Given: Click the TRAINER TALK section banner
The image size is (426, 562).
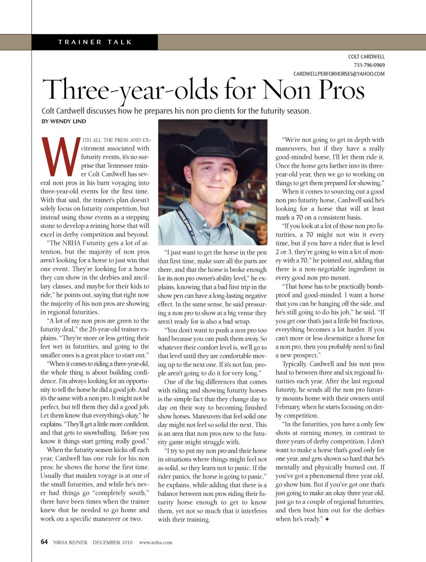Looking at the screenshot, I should point(95,42).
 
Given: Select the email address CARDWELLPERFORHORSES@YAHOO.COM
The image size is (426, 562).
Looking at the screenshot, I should point(339,74).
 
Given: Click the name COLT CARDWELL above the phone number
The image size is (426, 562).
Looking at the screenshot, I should point(366,57).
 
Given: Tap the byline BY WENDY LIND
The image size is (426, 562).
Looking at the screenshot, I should point(64,121).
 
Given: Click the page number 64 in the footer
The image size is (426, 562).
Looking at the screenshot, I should point(44,542).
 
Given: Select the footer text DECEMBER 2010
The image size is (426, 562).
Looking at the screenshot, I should point(113,542).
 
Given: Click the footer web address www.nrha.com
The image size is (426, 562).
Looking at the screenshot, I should point(155,542).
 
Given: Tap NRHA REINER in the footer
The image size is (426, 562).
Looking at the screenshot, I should point(70,542).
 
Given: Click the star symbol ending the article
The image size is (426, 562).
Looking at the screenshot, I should point(327,519).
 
